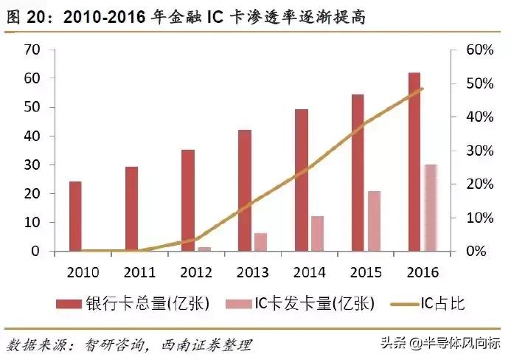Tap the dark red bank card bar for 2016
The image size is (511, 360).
click(x=414, y=162)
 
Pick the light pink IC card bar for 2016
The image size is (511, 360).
click(x=431, y=207)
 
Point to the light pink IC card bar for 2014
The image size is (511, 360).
click(x=317, y=233)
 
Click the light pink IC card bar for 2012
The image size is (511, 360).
click(x=205, y=249)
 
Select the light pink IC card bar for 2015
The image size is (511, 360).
click(x=375, y=221)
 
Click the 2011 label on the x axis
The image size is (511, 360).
click(x=139, y=270)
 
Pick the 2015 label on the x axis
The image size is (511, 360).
click(x=366, y=270)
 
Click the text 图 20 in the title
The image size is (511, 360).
click(x=26, y=16)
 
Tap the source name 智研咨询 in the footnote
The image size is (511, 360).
click(x=111, y=345)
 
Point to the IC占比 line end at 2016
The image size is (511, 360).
click(x=422, y=89)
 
